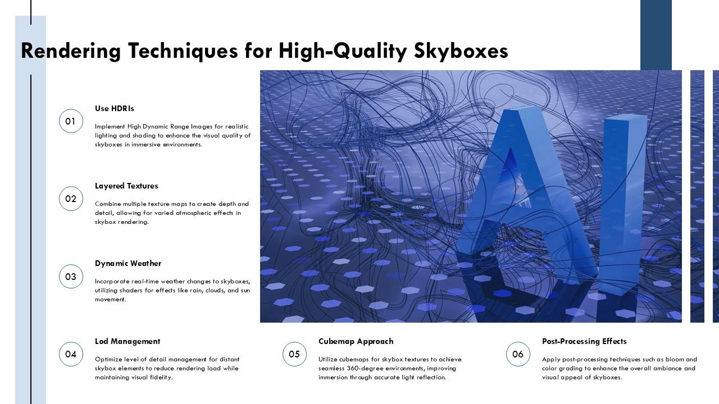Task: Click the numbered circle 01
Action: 71,121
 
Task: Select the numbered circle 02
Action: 71,199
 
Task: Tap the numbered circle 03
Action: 71,277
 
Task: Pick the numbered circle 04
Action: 71,354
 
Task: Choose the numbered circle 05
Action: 294,354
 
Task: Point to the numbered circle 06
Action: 518,354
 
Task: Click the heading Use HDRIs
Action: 115,108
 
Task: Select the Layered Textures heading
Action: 126,186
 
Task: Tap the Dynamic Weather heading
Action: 128,263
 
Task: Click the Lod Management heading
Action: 128,341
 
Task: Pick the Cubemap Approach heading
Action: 356,341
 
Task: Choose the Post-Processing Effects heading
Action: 584,341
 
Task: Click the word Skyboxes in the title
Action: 461,51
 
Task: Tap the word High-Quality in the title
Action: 343,51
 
